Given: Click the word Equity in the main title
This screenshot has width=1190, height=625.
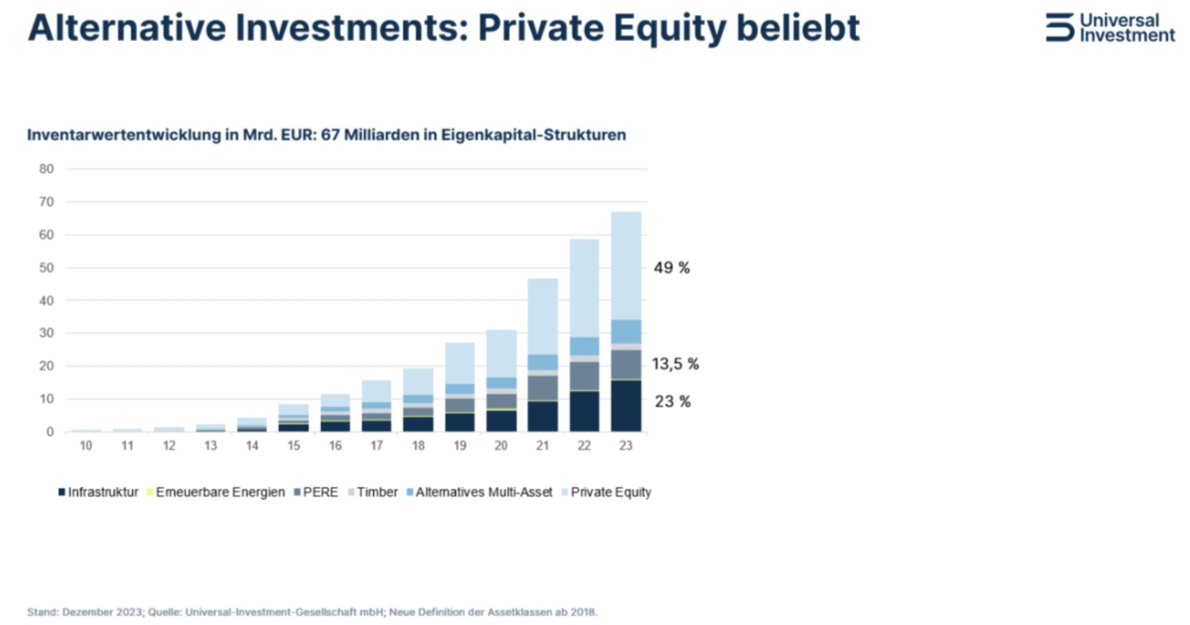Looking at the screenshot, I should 670,28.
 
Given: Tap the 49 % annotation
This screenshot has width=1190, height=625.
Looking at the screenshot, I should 671,268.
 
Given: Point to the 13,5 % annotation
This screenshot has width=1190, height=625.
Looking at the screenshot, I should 675,364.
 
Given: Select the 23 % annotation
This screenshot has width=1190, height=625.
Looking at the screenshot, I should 672,402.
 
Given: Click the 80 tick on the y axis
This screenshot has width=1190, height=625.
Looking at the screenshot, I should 47,169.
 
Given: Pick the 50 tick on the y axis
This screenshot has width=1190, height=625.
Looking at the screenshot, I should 47,268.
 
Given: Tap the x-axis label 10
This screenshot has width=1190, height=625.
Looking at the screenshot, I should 86,446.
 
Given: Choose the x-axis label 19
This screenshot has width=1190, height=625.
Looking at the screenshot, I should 459,446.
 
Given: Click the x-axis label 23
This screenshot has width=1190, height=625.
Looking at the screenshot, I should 625,446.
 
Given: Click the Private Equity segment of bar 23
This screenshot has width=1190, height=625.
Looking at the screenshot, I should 626,266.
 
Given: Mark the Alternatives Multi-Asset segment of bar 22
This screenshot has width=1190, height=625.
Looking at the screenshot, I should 584,346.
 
